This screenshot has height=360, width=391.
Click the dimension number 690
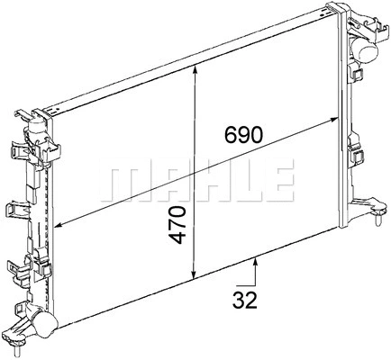click(x=243, y=135)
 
